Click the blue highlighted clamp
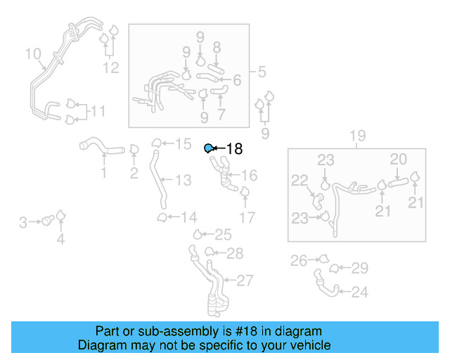[x=209, y=148]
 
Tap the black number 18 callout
[x=234, y=148]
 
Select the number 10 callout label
[x=33, y=53]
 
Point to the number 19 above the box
[x=358, y=136]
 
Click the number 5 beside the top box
[x=262, y=72]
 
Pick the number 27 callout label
[x=245, y=281]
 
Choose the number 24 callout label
[x=359, y=292]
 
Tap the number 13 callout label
[x=183, y=180]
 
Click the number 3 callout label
[x=23, y=222]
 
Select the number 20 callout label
[x=399, y=159]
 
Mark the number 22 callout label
[x=300, y=180]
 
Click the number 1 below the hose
[x=104, y=172]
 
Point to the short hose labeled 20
[x=399, y=182]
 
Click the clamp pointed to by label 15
[x=156, y=143]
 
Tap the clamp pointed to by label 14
[x=162, y=217]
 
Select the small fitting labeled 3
[x=48, y=221]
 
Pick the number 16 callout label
[x=249, y=175]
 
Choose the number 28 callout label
[x=235, y=254]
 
